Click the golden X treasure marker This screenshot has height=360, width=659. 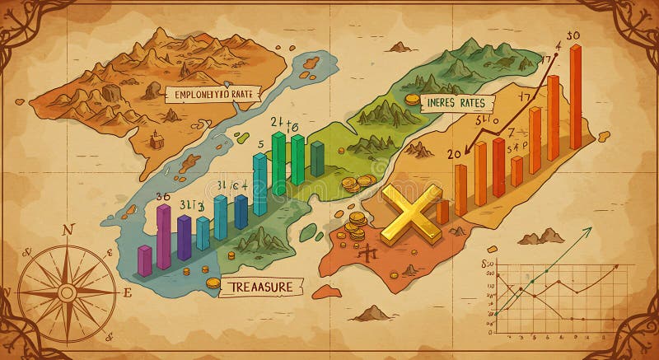click(x=411, y=212)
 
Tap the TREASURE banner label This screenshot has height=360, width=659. click(x=261, y=286)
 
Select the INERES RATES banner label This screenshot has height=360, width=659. click(x=453, y=103)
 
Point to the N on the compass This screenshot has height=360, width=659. click(x=68, y=230)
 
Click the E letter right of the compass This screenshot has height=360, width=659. click(x=127, y=292)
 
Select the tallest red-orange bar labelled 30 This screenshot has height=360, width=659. click(x=575, y=97)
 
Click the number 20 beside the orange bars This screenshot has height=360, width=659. click(x=454, y=153)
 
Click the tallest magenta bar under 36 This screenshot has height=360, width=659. click(x=163, y=236)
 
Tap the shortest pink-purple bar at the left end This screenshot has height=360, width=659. click(x=145, y=259)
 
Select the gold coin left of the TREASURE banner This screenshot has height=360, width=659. click(x=213, y=283)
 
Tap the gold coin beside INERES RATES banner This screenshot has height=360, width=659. click(x=410, y=100)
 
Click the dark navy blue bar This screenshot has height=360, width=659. click(x=241, y=212)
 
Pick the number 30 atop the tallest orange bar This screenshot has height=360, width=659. click(x=574, y=35)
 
